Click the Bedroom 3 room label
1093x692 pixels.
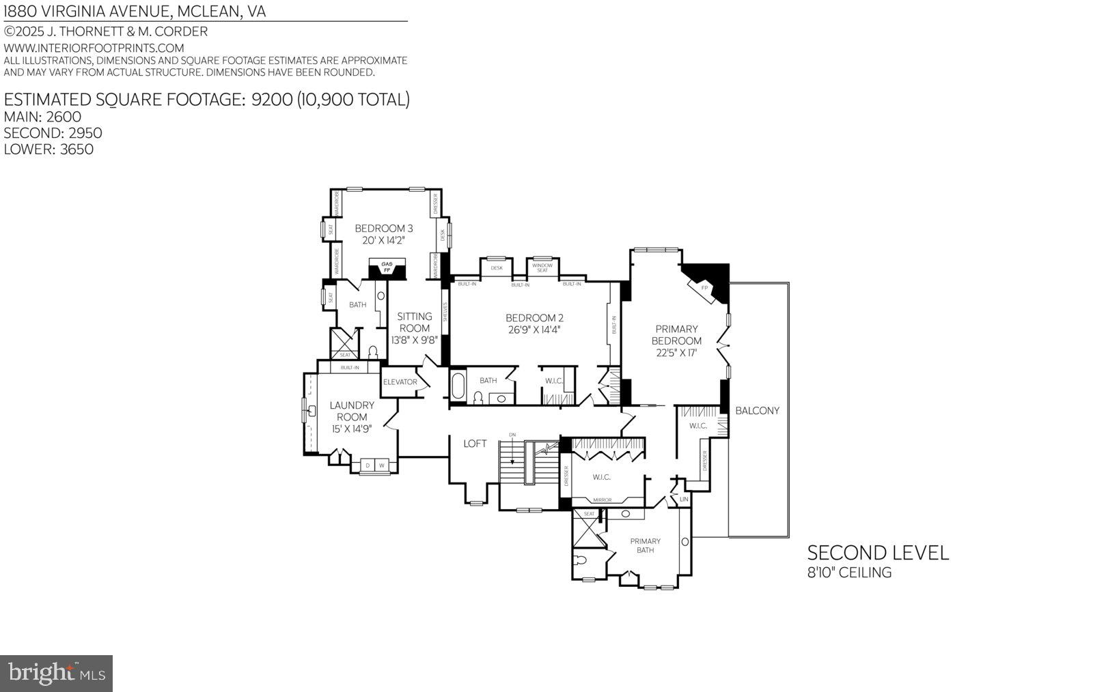(x=383, y=229)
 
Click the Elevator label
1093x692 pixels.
(x=400, y=381)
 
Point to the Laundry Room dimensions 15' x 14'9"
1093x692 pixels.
(x=352, y=429)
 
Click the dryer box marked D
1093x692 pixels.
(x=368, y=465)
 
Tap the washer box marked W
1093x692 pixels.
(x=382, y=465)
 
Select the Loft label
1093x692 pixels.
(x=475, y=444)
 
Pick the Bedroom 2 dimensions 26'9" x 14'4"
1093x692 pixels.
(x=534, y=330)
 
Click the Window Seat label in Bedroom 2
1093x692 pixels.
(x=542, y=268)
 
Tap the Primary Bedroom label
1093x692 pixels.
(x=676, y=334)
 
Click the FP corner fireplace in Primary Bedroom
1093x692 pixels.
(x=704, y=287)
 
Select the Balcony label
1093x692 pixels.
(x=757, y=411)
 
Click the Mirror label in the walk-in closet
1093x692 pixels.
(x=602, y=500)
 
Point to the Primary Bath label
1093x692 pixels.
(x=645, y=545)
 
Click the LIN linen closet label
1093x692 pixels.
(x=683, y=500)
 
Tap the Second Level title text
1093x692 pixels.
(x=878, y=553)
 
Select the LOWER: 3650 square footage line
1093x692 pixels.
(x=49, y=149)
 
